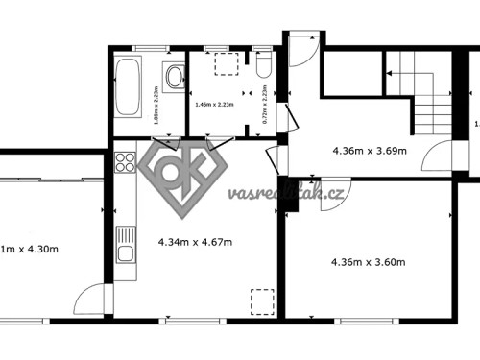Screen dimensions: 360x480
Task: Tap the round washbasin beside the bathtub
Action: [x=174, y=76]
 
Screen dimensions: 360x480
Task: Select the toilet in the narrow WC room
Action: [x=265, y=64]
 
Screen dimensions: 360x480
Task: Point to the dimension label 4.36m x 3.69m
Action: [x=368, y=151]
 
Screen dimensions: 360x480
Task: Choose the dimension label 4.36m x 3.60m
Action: [x=368, y=261]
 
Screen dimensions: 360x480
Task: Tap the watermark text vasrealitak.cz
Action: [x=286, y=193]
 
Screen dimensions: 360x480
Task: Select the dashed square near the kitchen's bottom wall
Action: [x=262, y=301]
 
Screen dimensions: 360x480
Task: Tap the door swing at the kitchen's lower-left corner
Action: [x=92, y=300]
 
